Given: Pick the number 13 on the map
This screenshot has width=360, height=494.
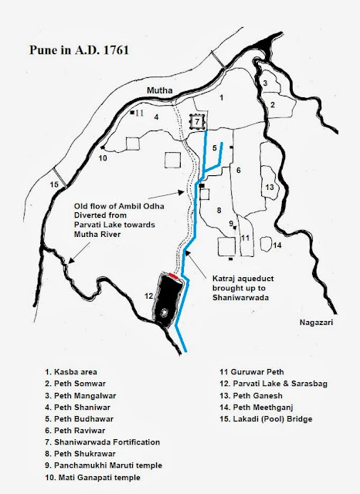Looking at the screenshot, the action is (x=269, y=187).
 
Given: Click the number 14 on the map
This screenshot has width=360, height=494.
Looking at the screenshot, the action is (x=277, y=245).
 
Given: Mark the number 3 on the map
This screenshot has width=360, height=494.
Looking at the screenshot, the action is (x=265, y=83).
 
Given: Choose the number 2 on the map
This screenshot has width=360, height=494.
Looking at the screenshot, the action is (x=273, y=103).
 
